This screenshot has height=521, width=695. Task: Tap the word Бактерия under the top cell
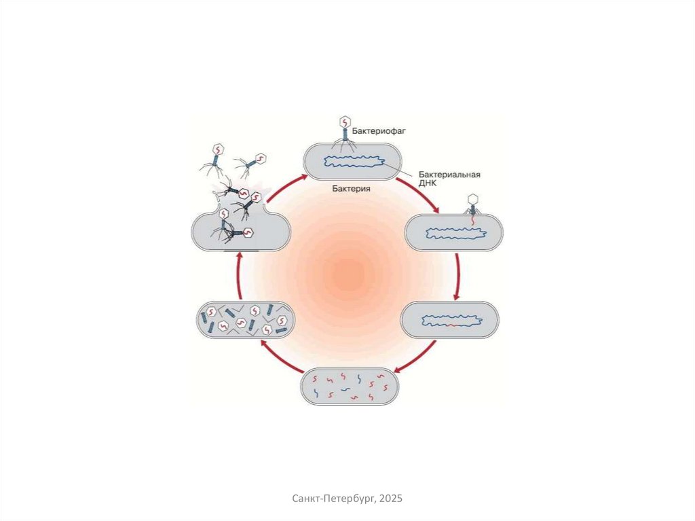[x=351, y=190]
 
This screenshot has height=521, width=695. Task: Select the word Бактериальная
[x=449, y=175]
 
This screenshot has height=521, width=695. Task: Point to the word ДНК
[x=428, y=184]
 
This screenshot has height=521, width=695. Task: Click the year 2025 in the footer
[x=391, y=499]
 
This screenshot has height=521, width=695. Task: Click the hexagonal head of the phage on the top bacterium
[x=344, y=122]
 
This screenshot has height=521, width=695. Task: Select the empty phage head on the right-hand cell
[x=474, y=199]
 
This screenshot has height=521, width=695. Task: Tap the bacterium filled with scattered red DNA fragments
[x=350, y=387]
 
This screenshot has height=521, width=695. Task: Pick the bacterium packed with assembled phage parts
[x=244, y=319]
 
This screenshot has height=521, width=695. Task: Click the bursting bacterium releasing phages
[x=240, y=231]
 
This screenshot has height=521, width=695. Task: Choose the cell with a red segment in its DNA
[x=450, y=320]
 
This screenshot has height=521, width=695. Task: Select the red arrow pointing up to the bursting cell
[x=239, y=274]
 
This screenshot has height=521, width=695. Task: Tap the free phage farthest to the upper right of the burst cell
[x=254, y=160]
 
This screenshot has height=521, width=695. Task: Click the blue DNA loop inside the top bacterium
[x=355, y=162]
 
